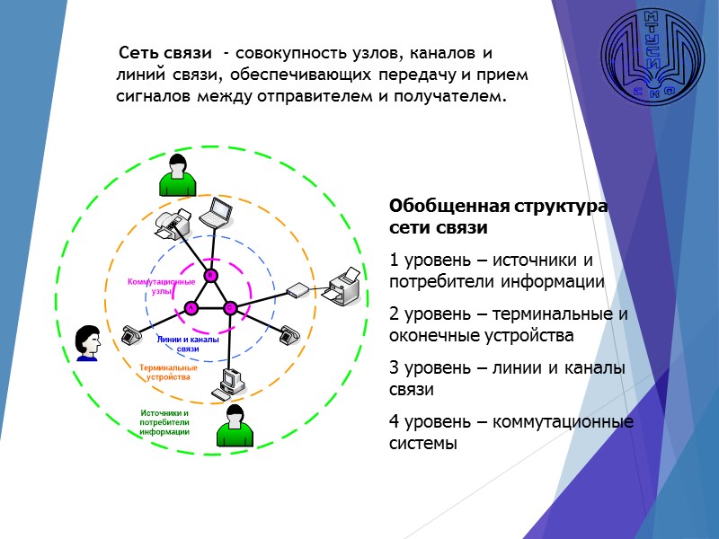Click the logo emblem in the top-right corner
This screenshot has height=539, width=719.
tap(653, 56)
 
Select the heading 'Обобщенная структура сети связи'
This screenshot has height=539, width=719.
tap(498, 216)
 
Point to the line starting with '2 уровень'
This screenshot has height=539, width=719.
tap(508, 325)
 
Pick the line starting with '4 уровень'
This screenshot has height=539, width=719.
tap(510, 432)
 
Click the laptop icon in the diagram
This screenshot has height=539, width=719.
tap(217, 214)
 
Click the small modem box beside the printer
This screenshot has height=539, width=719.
tap(297, 290)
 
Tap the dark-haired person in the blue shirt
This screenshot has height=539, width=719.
tap(87, 342)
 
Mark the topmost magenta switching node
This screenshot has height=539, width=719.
tap(210, 274)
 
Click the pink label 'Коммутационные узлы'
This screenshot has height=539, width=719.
tap(162, 287)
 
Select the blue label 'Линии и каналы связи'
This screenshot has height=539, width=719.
tap(189, 344)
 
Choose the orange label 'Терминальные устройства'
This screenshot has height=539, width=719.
tap(168, 372)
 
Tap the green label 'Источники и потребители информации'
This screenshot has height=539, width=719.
tap(164, 422)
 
